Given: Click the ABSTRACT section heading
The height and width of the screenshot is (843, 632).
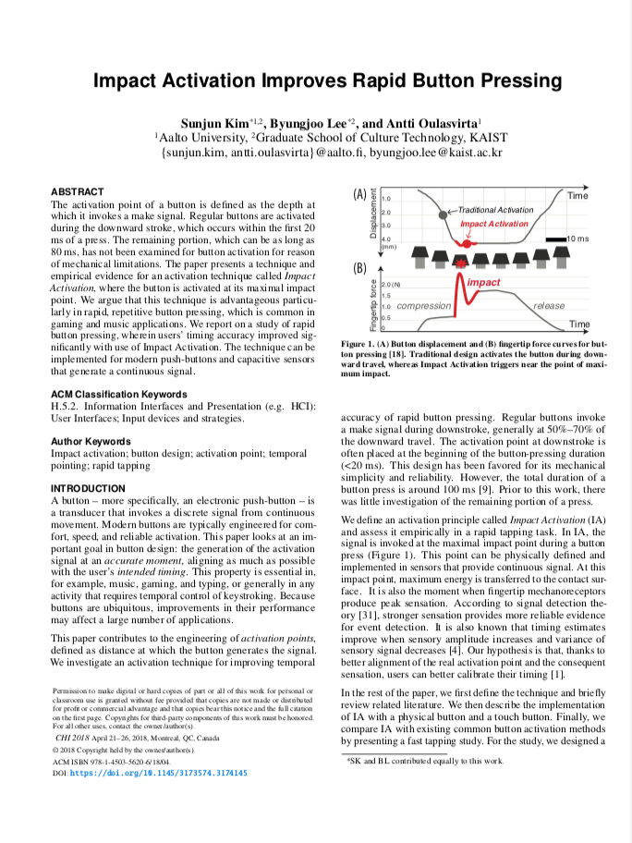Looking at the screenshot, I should click(x=77, y=191).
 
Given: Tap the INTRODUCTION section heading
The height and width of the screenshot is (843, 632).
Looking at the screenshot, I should click(x=89, y=487).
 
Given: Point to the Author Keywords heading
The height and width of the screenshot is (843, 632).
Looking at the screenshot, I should click(x=91, y=441).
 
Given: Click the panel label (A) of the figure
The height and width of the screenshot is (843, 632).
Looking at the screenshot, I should click(x=360, y=195).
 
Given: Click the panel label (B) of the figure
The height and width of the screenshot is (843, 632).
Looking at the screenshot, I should click(x=360, y=269).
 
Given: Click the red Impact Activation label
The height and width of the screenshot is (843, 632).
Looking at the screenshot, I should click(x=494, y=224).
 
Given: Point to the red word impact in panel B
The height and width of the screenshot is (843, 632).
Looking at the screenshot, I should click(x=483, y=282).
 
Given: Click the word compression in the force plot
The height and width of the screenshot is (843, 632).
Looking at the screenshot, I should click(x=424, y=306).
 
